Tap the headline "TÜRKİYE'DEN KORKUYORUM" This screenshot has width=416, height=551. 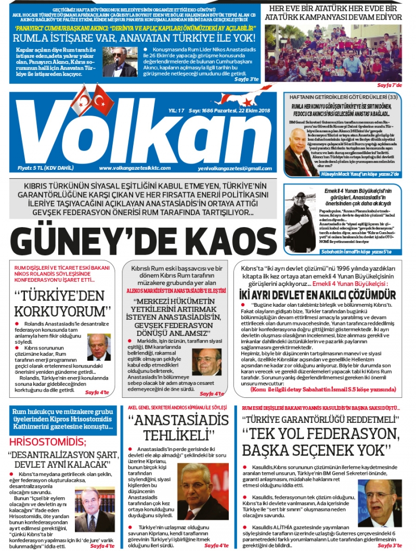63,304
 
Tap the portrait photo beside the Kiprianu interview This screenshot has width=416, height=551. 202,491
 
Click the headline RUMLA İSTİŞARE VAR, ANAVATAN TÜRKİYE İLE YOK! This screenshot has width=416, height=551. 134,38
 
